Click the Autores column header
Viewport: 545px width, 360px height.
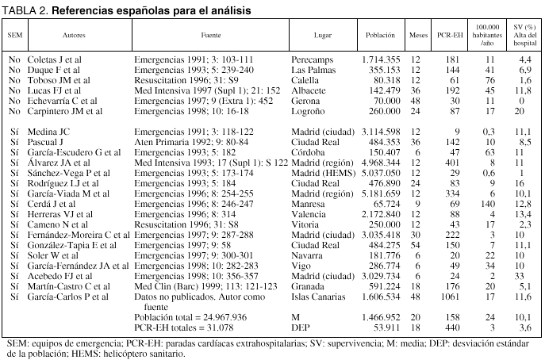coord(74,36)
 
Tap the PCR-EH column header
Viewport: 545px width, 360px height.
coord(449,36)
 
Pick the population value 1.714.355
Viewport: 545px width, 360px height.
coord(384,59)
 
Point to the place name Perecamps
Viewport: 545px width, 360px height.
coord(312,59)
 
